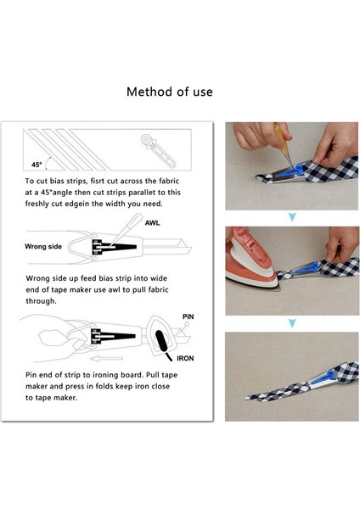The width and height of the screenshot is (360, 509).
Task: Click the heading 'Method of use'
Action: [x=170, y=92]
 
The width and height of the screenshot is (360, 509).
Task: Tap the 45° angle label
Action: [x=37, y=165]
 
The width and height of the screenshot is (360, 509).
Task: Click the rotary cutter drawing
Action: [x=158, y=151]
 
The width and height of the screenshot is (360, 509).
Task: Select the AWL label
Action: [x=152, y=223]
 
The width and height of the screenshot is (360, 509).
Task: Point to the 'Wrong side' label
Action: [x=43, y=246]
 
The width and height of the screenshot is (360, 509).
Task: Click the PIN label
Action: [x=188, y=316]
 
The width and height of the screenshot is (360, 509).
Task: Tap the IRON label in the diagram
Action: [x=185, y=358]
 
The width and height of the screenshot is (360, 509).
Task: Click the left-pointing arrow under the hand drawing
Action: [x=107, y=358]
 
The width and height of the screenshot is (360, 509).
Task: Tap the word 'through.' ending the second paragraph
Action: [x=42, y=301]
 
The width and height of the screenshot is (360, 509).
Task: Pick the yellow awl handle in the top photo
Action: [x=281, y=139]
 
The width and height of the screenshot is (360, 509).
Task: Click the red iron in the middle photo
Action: [x=251, y=259]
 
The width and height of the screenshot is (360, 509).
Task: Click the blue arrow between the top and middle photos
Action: [x=292, y=217]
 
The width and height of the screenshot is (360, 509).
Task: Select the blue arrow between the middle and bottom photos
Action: [x=292, y=322]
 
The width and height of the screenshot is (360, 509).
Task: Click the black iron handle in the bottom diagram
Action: [x=161, y=342]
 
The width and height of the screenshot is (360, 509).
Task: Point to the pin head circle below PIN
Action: [x=187, y=324]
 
